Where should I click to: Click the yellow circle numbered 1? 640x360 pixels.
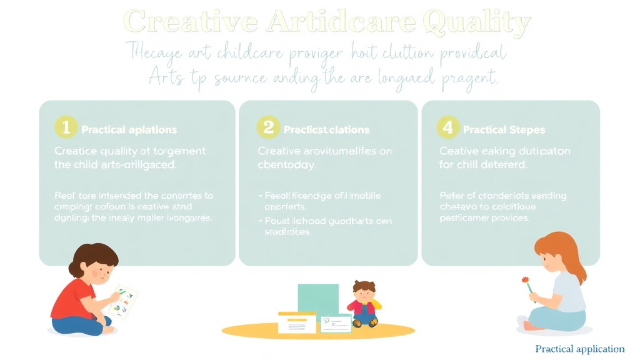coord(66,128)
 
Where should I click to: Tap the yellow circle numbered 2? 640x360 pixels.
coord(268,128)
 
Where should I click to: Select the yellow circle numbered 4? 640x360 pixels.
coord(447,128)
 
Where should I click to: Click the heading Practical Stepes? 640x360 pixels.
coord(504,130)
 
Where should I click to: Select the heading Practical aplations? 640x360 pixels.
coord(129,130)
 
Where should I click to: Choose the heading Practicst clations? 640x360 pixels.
coord(326,130)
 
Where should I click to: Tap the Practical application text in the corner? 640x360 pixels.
coord(580,349)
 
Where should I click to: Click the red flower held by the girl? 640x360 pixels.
coord(526,279)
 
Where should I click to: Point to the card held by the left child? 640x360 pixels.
coord(124,301)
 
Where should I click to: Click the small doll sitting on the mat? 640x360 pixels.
coord(364,303)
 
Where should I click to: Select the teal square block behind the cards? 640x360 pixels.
coord(317,297)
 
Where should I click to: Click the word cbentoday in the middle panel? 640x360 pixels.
coord(287,166)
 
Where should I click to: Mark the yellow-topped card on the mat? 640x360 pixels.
coord(297,322)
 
